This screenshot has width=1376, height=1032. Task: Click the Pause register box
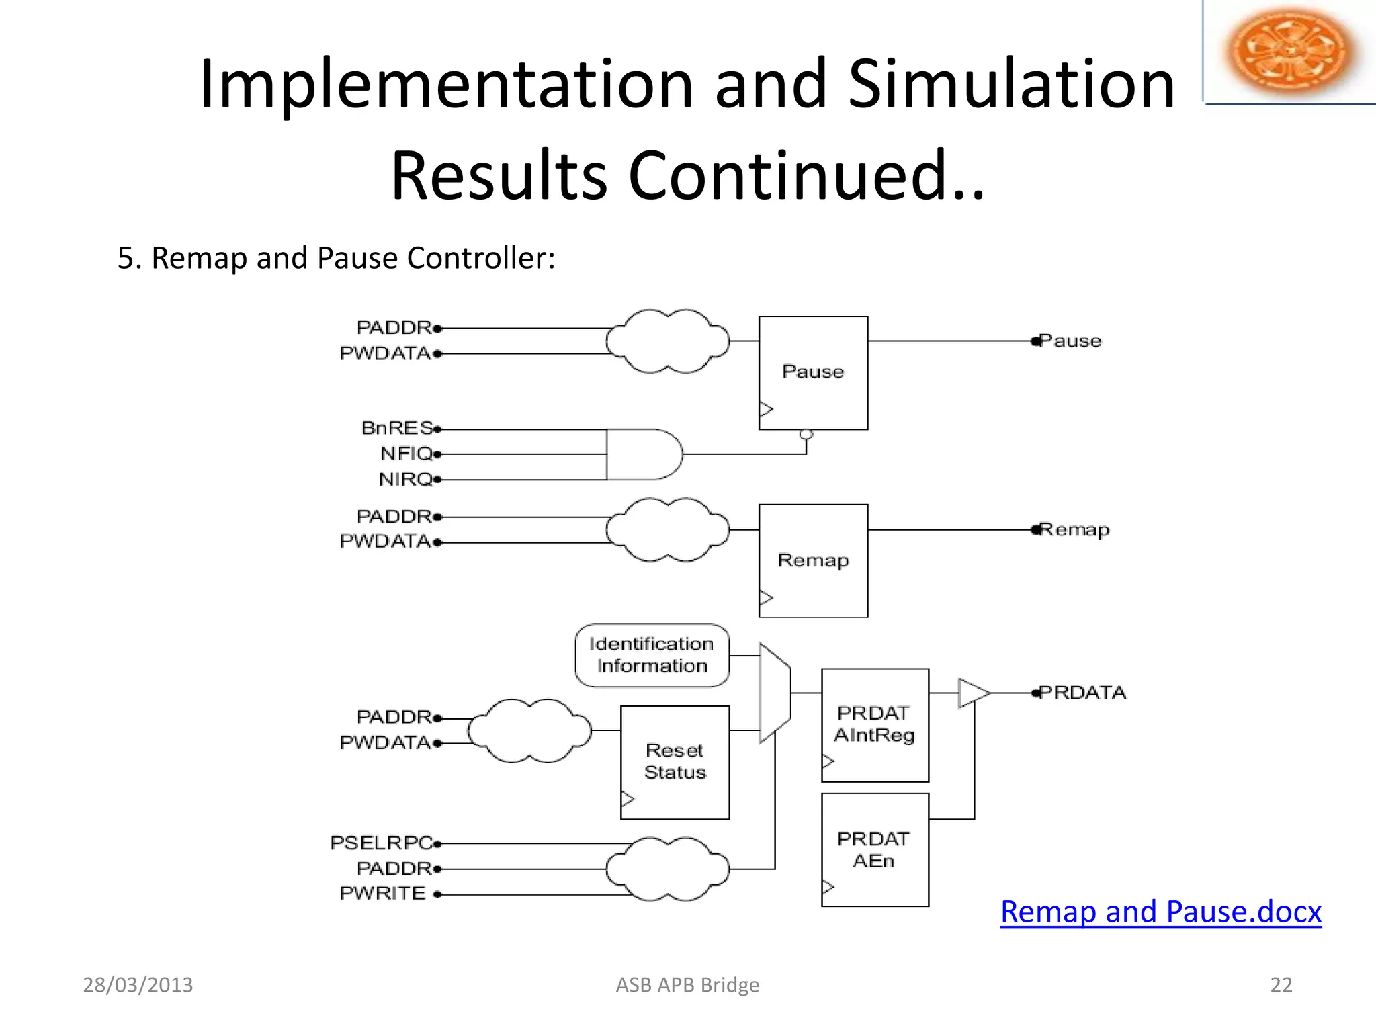pyautogui.click(x=813, y=373)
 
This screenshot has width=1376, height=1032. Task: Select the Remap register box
pyautogui.click(x=813, y=560)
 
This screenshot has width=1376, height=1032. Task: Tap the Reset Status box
pyautogui.click(x=675, y=762)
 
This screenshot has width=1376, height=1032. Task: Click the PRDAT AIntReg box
pyautogui.click(x=875, y=725)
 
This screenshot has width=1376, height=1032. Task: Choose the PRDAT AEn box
pyautogui.click(x=875, y=850)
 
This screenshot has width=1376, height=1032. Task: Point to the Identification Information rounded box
pyautogui.click(x=652, y=655)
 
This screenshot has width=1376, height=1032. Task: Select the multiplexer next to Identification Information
pyautogui.click(x=775, y=693)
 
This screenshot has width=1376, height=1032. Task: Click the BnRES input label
pyautogui.click(x=397, y=428)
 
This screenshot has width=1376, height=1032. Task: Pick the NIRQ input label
pyautogui.click(x=406, y=480)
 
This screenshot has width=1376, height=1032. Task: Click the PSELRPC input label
pyautogui.click(x=382, y=843)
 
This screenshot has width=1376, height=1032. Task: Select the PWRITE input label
pyautogui.click(x=383, y=894)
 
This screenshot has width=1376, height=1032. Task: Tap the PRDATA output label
pyautogui.click(x=1082, y=693)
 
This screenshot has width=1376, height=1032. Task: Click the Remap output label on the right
pyautogui.click(x=1074, y=530)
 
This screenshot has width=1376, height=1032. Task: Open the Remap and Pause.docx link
pyautogui.click(x=1160, y=912)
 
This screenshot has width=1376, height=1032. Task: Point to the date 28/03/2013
pyautogui.click(x=138, y=985)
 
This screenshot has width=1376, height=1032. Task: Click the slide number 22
pyautogui.click(x=1281, y=985)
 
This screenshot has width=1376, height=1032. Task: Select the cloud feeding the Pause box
pyautogui.click(x=667, y=341)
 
